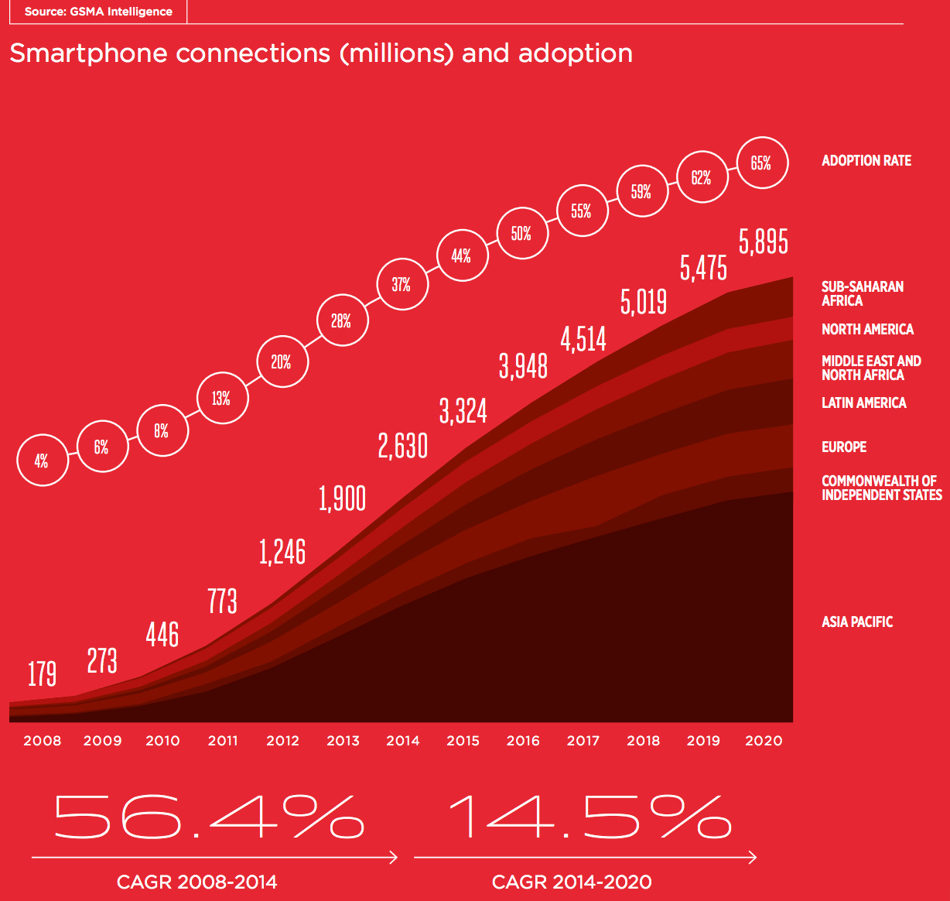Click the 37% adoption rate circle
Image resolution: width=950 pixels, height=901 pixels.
click(401, 285)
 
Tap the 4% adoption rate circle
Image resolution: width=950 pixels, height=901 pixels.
click(43, 461)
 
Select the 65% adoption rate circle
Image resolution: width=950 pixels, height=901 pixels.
click(762, 163)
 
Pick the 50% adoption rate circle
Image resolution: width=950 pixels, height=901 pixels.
click(521, 233)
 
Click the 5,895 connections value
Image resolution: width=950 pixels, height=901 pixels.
click(763, 242)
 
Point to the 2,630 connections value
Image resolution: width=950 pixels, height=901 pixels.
click(402, 447)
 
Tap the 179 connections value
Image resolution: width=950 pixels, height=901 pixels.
click(43, 673)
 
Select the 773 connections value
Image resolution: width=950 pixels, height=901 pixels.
click(223, 601)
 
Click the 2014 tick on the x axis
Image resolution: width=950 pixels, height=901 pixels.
click(403, 741)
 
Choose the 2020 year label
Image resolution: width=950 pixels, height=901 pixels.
click(764, 741)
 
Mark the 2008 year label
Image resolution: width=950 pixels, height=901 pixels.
click(43, 741)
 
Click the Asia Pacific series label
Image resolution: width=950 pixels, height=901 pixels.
click(856, 622)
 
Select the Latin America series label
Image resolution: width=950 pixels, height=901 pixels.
click(863, 403)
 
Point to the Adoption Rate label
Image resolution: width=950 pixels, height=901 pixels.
click(866, 161)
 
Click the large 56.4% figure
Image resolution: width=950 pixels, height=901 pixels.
click(209, 817)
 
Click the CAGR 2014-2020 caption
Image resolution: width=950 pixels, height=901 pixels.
click(572, 882)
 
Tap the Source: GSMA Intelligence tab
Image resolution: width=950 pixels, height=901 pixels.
click(98, 12)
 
